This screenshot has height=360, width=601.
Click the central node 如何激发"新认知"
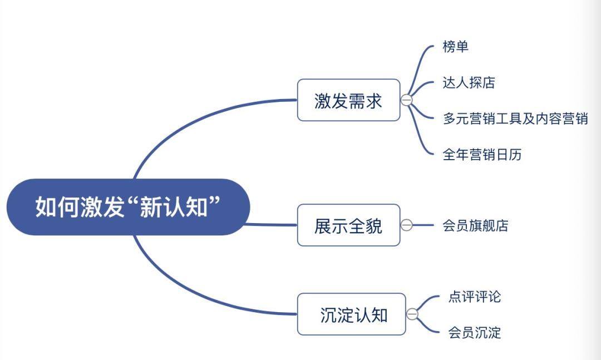128,207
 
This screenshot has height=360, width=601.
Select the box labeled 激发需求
348,100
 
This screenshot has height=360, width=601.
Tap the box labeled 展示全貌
348,225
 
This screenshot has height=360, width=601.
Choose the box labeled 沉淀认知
351,314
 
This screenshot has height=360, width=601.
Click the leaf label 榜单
455,46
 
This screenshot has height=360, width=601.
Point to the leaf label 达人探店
469,82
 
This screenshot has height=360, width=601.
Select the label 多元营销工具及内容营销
515,119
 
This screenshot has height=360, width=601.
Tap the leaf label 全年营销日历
482,155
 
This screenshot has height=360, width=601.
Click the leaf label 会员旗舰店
475,225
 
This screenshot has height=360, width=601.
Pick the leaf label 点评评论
475,297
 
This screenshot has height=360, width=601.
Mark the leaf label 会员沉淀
475,332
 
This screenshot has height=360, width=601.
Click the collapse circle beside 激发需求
406,100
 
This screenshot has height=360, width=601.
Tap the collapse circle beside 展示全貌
406,225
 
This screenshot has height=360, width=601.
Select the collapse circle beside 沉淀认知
412,314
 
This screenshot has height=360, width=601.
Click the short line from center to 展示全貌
271,225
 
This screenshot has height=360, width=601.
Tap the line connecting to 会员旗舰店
423,225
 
